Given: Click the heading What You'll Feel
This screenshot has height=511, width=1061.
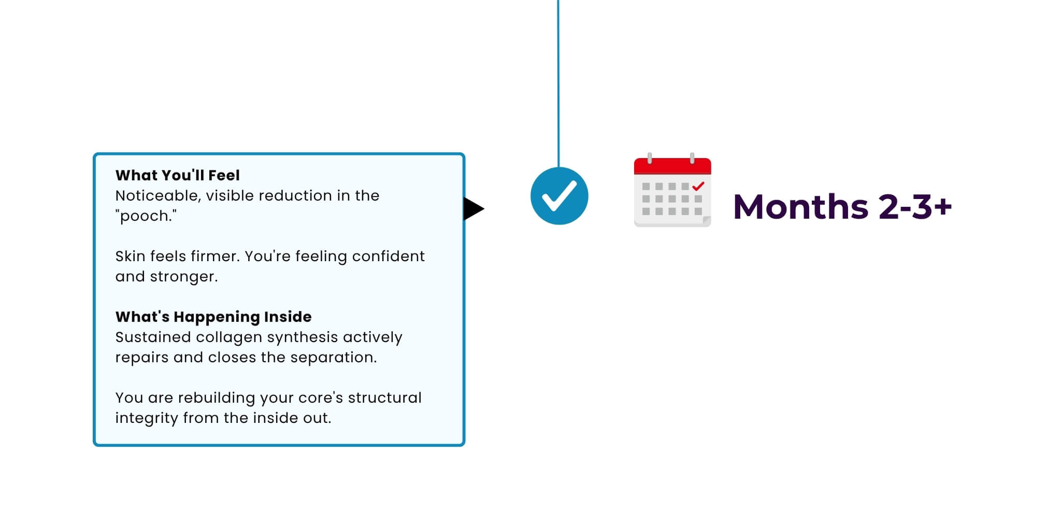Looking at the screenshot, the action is click(x=177, y=175).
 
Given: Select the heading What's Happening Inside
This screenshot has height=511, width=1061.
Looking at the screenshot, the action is click(x=213, y=317).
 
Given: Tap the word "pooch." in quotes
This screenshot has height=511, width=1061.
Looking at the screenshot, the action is click(x=146, y=216).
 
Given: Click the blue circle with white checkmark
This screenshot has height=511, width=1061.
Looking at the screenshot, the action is click(x=560, y=196).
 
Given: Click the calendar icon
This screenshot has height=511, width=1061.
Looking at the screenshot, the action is click(x=672, y=190).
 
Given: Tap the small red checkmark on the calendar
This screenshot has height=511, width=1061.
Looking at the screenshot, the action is click(x=698, y=186).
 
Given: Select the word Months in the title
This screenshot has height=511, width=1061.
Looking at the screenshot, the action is click(x=800, y=207).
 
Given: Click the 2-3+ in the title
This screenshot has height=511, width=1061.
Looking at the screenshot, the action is click(x=915, y=207).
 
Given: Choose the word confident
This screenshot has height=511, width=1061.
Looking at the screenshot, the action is click(x=388, y=256).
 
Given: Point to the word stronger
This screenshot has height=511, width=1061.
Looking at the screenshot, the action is click(x=184, y=277).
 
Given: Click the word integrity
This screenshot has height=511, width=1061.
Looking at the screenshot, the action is click(x=147, y=418).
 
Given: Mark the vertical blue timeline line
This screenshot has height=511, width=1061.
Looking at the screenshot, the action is click(x=558, y=83).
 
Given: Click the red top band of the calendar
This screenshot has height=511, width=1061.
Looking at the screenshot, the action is click(x=672, y=166).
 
